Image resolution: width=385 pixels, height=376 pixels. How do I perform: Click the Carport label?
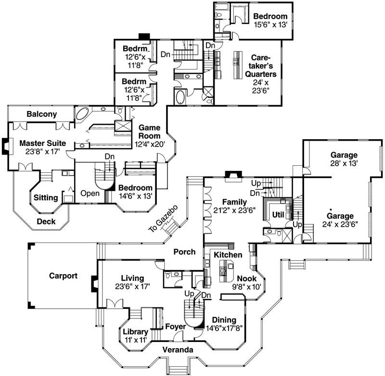[64, 276]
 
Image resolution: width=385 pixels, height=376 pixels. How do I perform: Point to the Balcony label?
[42, 114]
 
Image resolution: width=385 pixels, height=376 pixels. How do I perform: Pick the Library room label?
[135, 332]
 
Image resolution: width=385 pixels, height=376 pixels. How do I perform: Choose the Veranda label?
[178, 350]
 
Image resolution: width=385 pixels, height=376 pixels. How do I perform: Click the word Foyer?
[176, 327]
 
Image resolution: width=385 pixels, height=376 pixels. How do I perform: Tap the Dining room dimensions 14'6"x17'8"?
[224, 329]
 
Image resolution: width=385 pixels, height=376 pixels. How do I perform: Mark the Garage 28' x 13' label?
[344, 159]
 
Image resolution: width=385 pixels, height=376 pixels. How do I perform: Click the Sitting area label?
[46, 197]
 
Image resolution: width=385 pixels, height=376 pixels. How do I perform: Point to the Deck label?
[46, 221]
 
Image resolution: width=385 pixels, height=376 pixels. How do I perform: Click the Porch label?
[184, 252]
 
